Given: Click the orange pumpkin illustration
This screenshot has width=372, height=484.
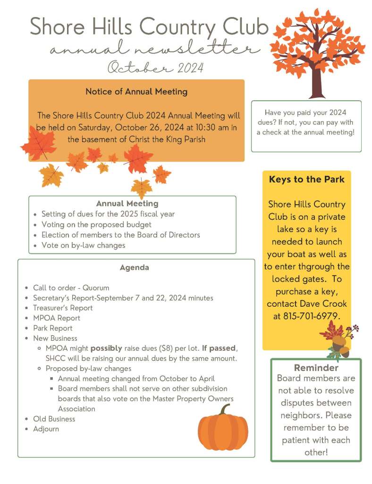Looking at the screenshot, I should [222, 431].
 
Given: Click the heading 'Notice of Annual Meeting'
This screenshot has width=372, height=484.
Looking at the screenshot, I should [136, 92].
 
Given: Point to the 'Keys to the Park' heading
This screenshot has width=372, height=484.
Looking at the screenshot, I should [306, 180].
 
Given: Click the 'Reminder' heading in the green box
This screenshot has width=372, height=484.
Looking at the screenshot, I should [316, 368].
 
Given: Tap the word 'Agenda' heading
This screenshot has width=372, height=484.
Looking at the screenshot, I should [135, 268].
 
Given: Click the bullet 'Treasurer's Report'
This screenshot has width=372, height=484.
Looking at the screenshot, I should [63, 308].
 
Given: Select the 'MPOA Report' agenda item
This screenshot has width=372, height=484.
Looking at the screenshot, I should [57, 318].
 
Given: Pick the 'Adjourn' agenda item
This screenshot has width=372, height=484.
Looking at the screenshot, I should [46, 429].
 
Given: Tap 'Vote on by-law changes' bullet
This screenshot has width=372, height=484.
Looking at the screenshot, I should [83, 245].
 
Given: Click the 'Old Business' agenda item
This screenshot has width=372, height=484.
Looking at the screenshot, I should [54, 419].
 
